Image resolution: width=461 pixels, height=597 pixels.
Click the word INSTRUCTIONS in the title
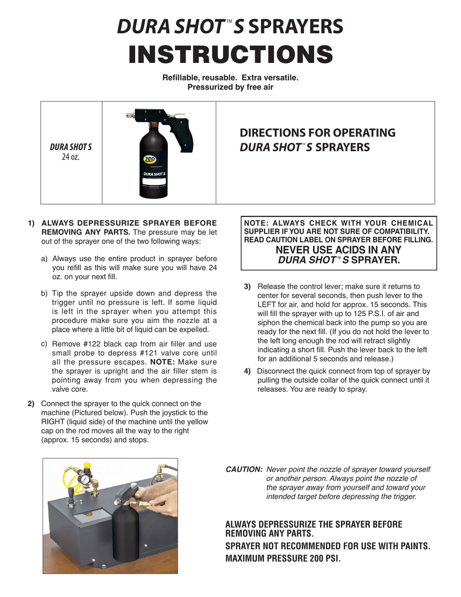click(x=230, y=55)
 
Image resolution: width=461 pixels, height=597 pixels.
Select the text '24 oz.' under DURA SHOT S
click(x=71, y=157)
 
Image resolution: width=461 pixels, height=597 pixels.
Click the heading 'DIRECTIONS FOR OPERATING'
click(x=318, y=133)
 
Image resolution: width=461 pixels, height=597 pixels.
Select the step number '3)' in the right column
click(x=247, y=287)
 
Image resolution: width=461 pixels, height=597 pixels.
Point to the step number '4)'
click(x=247, y=371)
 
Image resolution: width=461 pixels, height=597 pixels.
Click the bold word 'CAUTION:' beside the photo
click(x=244, y=469)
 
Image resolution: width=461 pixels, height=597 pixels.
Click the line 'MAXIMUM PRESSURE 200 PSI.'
click(x=283, y=559)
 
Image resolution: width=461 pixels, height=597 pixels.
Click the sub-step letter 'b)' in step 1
click(x=44, y=293)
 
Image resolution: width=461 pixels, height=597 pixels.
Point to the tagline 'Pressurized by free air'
click(x=230, y=87)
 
